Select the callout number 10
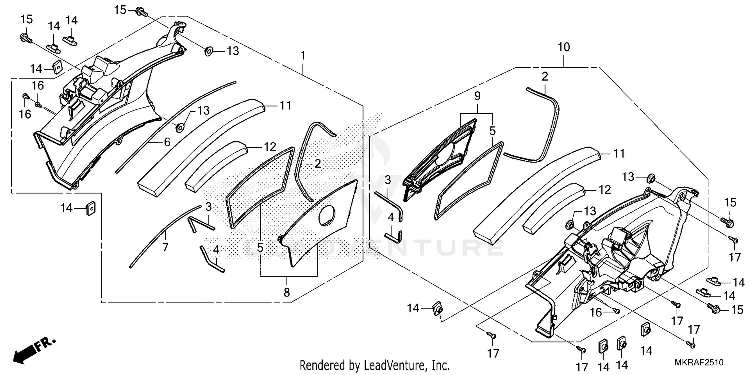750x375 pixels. [563, 48]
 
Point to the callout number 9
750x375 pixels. [477, 95]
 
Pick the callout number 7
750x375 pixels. [165, 247]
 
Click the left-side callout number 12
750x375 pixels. [270, 147]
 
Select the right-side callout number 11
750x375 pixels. [619, 154]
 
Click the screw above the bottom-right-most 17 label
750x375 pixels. [691, 344]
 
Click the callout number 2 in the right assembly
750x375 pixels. [544, 76]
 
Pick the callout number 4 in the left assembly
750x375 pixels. [216, 249]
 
